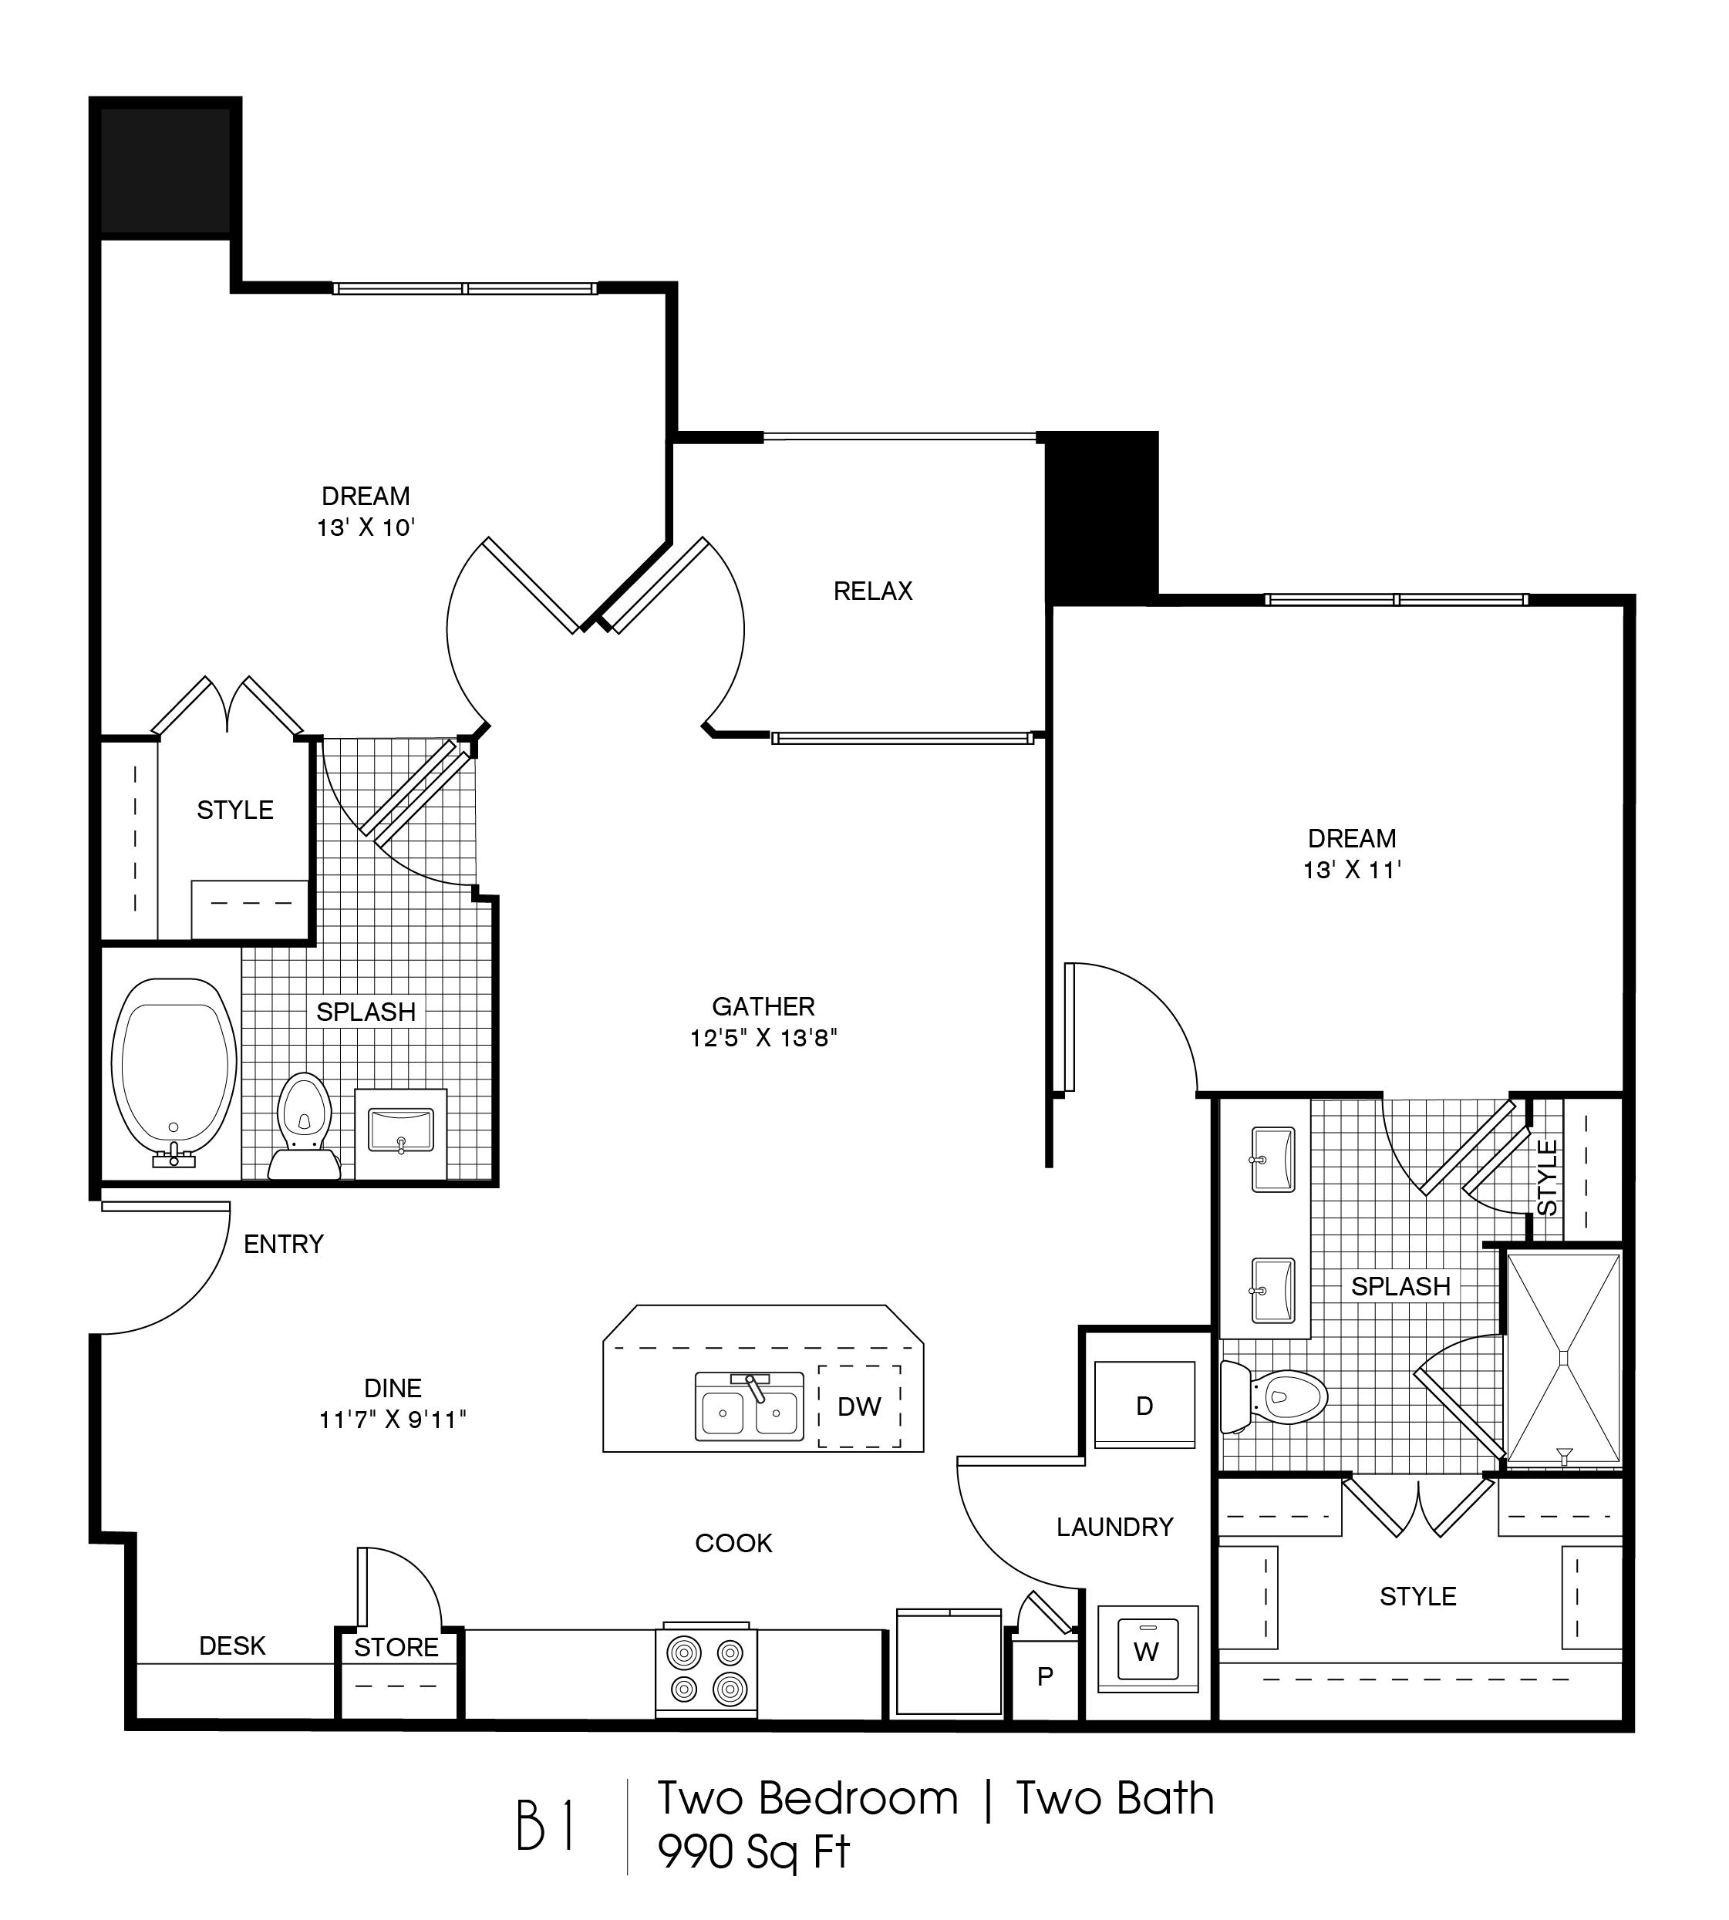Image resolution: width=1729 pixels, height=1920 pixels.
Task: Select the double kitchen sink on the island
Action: tap(750, 1406)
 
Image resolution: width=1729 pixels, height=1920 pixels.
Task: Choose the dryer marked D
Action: tap(1144, 1406)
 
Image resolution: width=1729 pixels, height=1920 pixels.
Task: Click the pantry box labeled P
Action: tap(1045, 1677)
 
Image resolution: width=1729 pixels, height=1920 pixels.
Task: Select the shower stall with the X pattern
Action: tap(1564, 1359)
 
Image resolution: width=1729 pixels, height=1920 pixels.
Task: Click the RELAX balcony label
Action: tap(872, 591)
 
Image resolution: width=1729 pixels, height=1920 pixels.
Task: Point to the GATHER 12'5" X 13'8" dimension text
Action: tap(763, 1037)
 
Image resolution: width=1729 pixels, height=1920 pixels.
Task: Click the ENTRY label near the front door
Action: tap(283, 1244)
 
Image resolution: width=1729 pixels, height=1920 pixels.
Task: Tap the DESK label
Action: tap(232, 1646)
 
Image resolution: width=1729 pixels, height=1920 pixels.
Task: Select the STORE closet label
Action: tap(396, 1647)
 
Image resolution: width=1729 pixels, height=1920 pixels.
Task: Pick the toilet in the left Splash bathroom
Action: tap(304, 1124)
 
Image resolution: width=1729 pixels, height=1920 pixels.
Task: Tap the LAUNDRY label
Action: tap(1114, 1527)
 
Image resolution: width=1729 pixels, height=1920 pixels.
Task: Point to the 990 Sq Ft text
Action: tap(753, 1851)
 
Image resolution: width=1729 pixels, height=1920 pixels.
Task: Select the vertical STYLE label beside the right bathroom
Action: tap(1548, 1178)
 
